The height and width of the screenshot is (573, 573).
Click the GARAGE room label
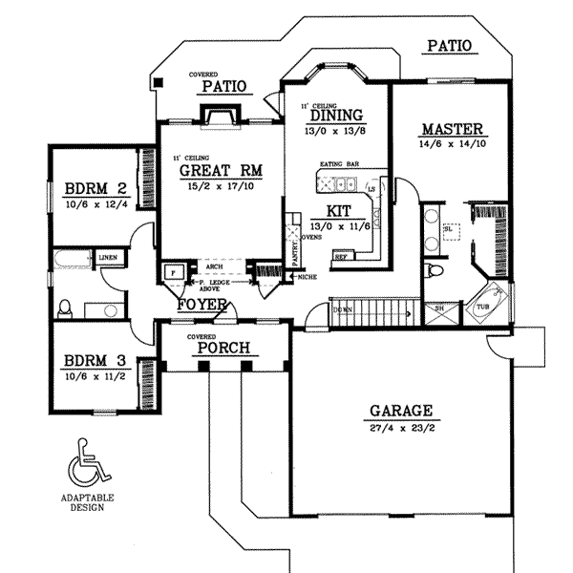401,412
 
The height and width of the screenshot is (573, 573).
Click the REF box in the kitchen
340,257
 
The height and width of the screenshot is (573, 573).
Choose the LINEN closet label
107,257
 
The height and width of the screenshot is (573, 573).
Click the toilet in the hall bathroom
65,308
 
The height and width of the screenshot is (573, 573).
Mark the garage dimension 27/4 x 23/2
401,429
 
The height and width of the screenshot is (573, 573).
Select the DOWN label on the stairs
343,309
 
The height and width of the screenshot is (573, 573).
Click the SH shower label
439,308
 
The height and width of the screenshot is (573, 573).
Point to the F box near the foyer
173,271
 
